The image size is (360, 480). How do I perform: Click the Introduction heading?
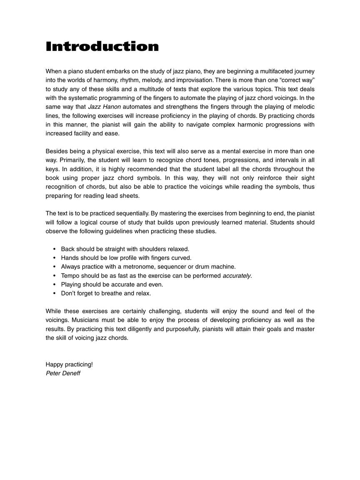[x=102, y=46]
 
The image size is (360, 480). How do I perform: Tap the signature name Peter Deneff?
[x=63, y=373]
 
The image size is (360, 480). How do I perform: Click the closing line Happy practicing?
[x=69, y=365]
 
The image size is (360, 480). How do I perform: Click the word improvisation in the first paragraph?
[x=195, y=80]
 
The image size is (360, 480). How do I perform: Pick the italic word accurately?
[x=237, y=276]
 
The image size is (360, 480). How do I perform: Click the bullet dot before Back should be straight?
[x=55, y=249]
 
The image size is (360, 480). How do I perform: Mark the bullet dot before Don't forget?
[x=55, y=293]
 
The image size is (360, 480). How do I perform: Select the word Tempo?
[x=70, y=276]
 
